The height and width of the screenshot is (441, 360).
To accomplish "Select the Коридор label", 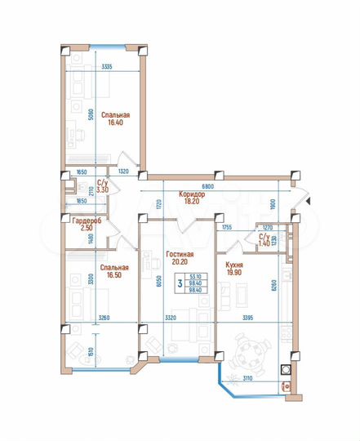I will (x=190, y=194).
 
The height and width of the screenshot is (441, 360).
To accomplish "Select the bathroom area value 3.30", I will (x=102, y=189).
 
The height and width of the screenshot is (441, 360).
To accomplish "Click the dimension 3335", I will (x=101, y=66).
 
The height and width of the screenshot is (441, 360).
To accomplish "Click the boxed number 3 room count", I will (x=180, y=283).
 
